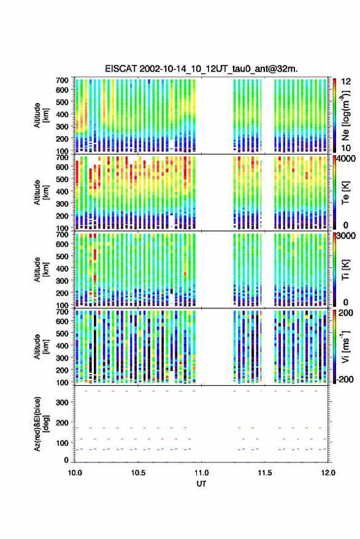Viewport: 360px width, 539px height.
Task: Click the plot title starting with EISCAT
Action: coord(201,69)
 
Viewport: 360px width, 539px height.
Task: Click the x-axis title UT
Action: coord(202,484)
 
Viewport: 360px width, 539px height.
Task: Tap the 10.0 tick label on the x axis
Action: coord(75,473)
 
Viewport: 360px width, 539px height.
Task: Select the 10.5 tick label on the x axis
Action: coord(138,473)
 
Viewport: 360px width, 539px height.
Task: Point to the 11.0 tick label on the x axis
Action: coord(202,473)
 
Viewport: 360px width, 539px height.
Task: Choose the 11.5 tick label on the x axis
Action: coord(265,473)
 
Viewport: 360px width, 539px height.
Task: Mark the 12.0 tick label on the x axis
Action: coord(328,473)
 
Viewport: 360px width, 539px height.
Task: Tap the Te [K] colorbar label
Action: coord(345,192)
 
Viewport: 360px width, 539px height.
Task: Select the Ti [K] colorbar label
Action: coord(345,270)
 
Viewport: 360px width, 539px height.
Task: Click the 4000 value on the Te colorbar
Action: coord(347,159)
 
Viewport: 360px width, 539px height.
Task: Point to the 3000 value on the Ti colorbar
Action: coord(347,236)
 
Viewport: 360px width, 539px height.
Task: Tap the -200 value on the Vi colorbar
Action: coord(345,379)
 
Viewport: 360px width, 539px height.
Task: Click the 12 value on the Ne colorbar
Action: coord(347,82)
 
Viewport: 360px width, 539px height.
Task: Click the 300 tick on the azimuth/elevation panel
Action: coord(62,402)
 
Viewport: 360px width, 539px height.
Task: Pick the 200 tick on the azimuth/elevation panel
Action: coord(62,422)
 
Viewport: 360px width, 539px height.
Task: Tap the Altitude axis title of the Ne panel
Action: coord(41,115)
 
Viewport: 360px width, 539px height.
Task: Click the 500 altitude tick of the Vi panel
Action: coord(62,333)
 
